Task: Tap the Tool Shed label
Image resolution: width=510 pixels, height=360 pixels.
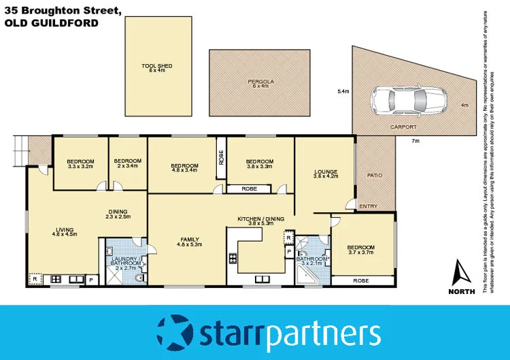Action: pyautogui.click(x=157, y=67)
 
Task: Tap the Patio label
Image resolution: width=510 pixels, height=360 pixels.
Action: pyautogui.click(x=375, y=176)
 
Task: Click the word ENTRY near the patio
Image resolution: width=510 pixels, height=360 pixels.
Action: pyautogui.click(x=369, y=206)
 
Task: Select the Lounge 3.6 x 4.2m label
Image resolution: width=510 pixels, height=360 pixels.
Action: pyautogui.click(x=325, y=174)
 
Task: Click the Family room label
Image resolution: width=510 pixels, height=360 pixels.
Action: pyautogui.click(x=180, y=242)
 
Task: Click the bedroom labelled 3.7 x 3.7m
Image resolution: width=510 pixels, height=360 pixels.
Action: pyautogui.click(x=360, y=250)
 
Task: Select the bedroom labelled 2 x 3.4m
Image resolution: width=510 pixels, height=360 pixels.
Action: pyautogui.click(x=127, y=163)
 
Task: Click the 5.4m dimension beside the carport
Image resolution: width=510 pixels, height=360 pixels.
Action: pyautogui.click(x=343, y=91)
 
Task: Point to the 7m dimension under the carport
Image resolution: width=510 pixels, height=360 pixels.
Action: pyautogui.click(x=415, y=141)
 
